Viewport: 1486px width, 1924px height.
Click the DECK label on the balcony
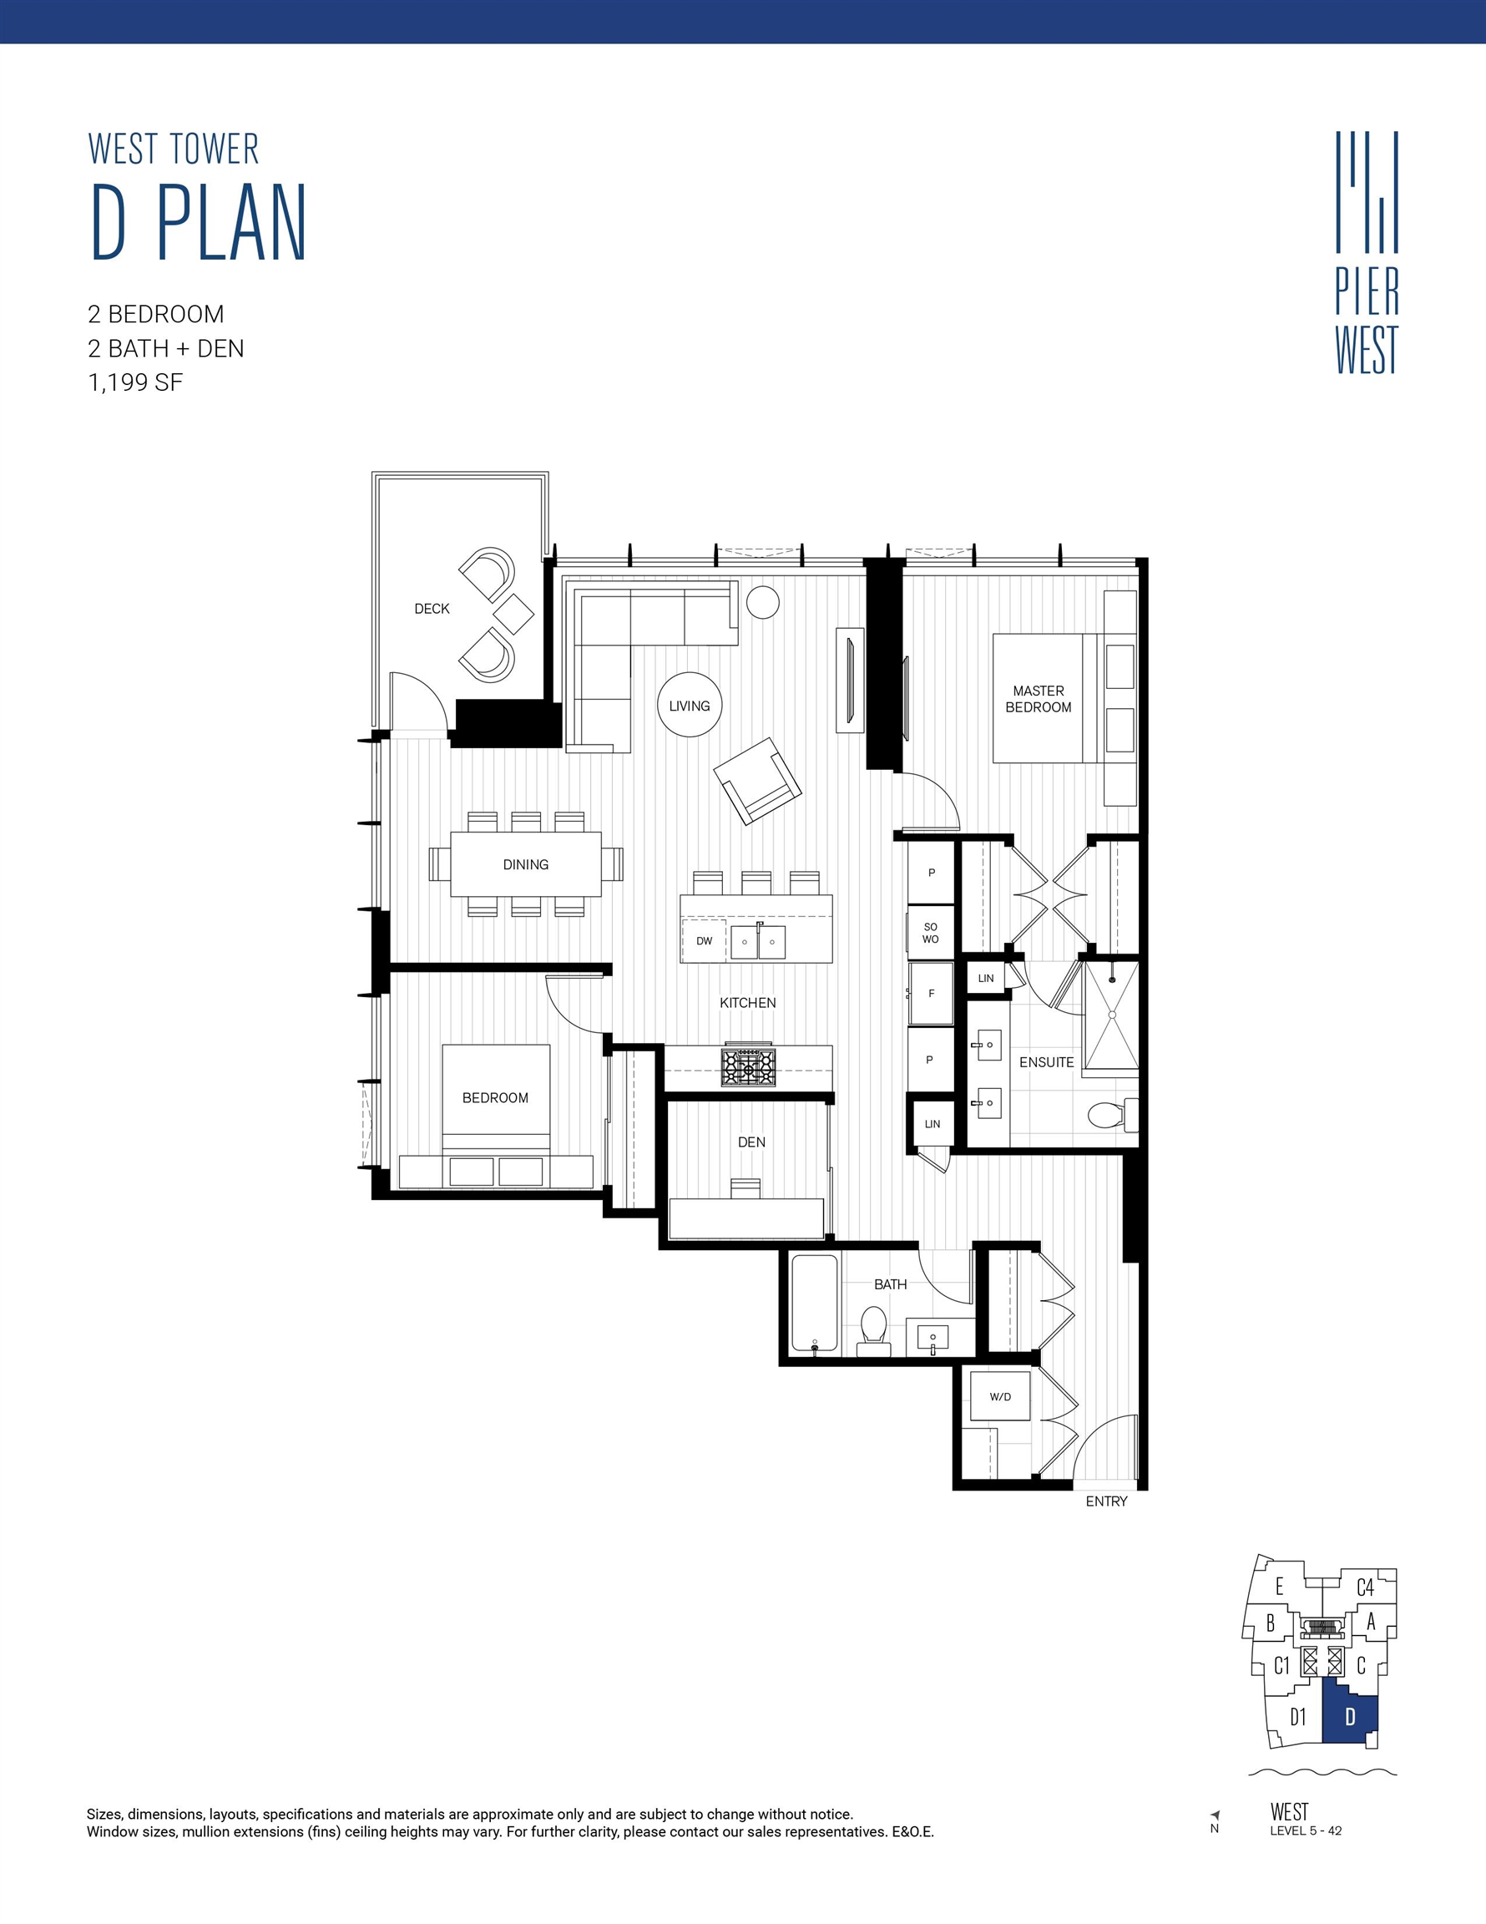tap(432, 609)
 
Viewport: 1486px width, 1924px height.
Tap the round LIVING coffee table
tap(689, 705)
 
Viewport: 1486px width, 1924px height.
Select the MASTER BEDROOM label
tap(1038, 699)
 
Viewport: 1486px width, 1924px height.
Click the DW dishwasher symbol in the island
tap(704, 941)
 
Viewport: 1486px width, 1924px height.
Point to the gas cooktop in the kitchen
tap(749, 1067)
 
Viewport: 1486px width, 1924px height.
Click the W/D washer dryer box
tap(1000, 1396)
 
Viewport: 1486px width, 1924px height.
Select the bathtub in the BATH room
tap(814, 1303)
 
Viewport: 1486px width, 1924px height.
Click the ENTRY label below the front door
tap(1105, 1501)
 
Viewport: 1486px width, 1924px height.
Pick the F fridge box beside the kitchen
tap(931, 994)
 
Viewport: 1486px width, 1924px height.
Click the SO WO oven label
tap(930, 933)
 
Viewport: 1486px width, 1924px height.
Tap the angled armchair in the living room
tap(756, 781)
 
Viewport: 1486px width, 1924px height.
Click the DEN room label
tap(751, 1142)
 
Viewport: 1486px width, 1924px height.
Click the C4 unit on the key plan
tap(1364, 1587)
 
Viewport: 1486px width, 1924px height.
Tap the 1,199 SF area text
tap(134, 382)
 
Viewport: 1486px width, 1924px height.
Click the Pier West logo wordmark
tap(1367, 322)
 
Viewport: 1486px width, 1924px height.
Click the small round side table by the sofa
tap(763, 603)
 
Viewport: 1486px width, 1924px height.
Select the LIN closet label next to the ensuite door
tap(986, 978)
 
